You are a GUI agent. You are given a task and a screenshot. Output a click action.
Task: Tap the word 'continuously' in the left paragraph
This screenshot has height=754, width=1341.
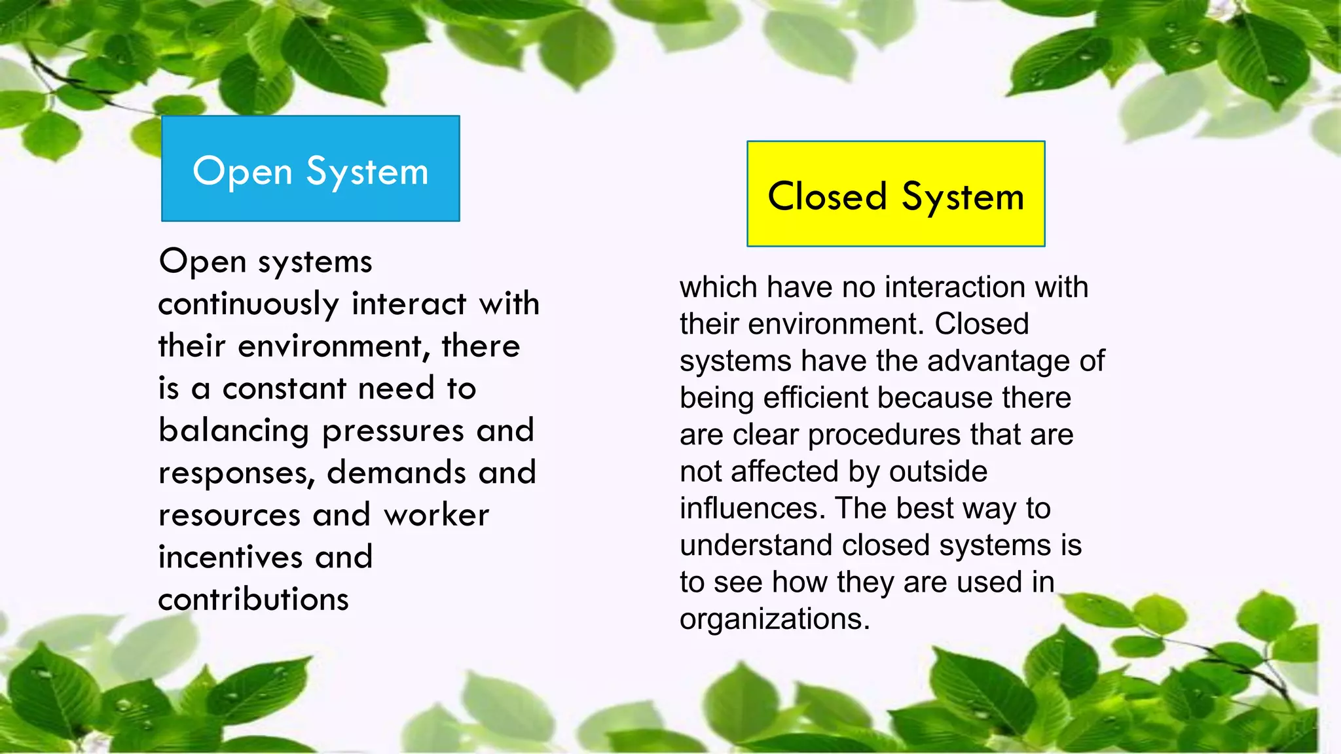(248, 305)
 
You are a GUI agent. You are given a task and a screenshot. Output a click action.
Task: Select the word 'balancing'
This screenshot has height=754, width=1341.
(234, 432)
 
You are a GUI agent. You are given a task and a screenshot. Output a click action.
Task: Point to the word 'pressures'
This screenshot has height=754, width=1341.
(394, 432)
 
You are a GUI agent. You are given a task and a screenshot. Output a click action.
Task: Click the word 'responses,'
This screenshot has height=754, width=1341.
(236, 474)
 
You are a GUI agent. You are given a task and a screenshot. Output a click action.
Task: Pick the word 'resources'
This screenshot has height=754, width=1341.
(230, 516)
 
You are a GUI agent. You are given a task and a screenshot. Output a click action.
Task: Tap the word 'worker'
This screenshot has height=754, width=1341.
(436, 516)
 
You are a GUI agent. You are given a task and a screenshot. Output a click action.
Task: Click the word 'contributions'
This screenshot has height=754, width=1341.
(253, 600)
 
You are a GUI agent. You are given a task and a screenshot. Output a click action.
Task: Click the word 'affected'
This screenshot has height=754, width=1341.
(785, 472)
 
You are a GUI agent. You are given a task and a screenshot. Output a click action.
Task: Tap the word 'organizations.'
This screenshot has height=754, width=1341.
(775, 620)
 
